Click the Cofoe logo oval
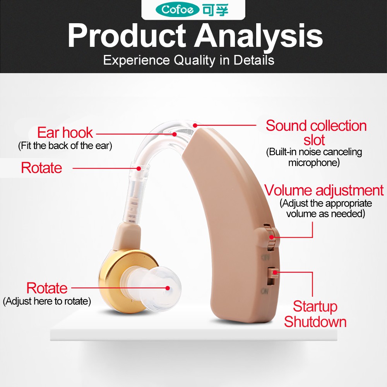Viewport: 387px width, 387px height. tap(177, 10)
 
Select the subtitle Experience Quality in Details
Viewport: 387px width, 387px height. tap(188, 60)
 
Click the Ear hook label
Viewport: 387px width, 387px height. tap(65, 132)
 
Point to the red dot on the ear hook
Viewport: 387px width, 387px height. tap(175, 134)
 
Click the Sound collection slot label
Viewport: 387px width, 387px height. tap(316, 132)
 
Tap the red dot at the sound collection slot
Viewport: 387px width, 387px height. tap(195, 125)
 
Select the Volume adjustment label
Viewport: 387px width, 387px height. tap(324, 190)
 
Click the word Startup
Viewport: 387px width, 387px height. tap(315, 306)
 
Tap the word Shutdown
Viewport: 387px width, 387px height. tap(315, 322)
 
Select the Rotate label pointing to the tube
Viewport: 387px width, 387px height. tap(41, 168)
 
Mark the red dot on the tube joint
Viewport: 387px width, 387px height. tap(139, 169)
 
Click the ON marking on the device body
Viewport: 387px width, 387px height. tap(264, 292)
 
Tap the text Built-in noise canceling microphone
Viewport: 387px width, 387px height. tap(314, 157)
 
